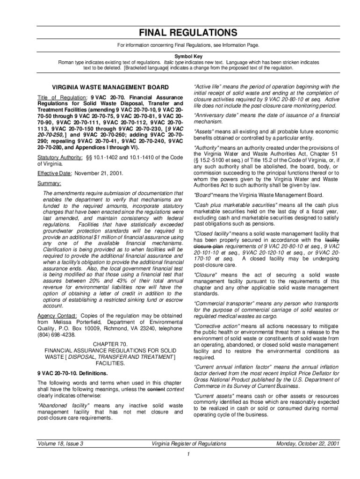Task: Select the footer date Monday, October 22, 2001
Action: pos(308,443)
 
